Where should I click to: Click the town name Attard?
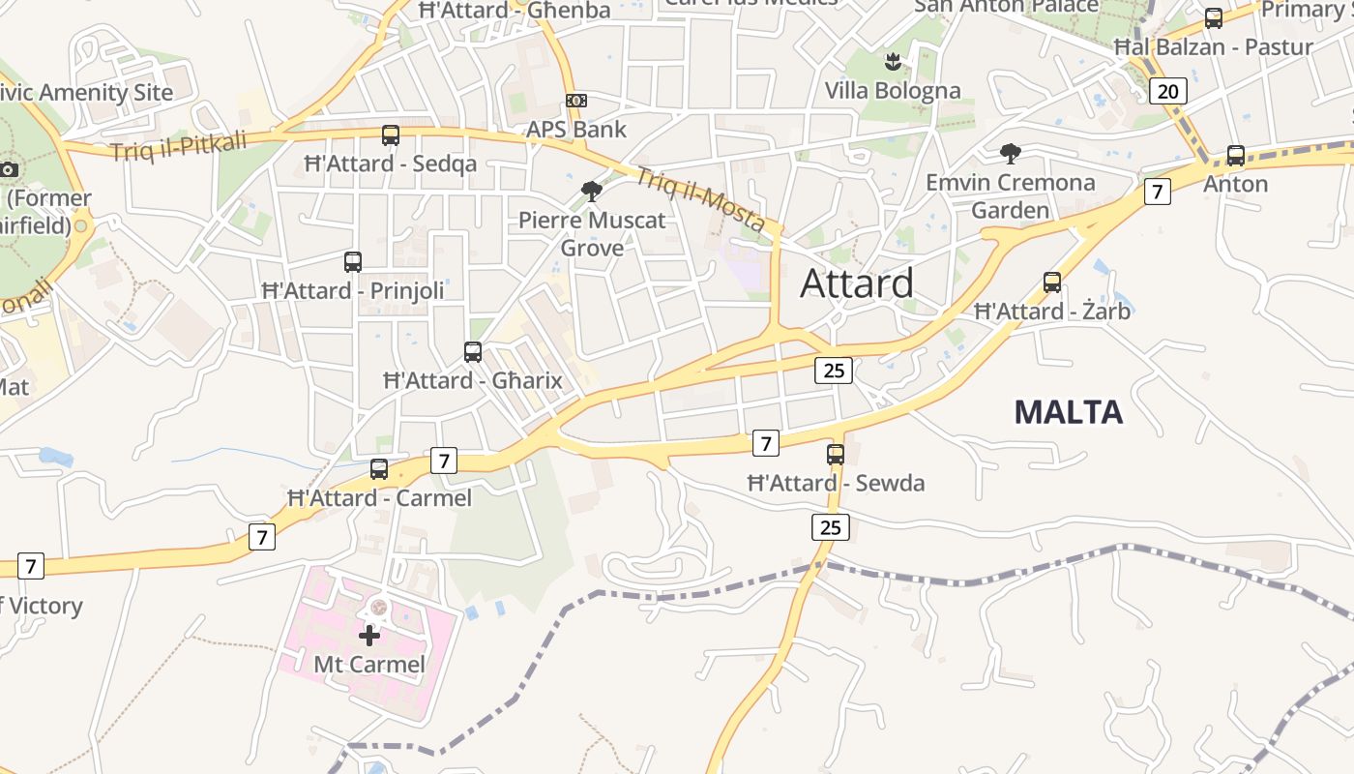coord(857,283)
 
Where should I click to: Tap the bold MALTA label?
coord(1068,412)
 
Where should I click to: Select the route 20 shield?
coord(1167,91)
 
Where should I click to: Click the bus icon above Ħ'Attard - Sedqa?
coord(391,135)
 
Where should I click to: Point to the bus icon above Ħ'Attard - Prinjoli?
coord(353,261)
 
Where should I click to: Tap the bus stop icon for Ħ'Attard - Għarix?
coord(473,352)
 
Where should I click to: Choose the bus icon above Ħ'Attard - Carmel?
coord(379,469)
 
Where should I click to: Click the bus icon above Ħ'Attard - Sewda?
coord(836,454)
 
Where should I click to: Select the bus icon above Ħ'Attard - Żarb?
coord(1052,283)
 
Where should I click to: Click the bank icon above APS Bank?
coord(576,101)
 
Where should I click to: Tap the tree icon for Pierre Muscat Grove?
coord(592,191)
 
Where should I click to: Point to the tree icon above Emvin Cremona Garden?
coord(1011,153)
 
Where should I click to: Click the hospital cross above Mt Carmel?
coord(369,636)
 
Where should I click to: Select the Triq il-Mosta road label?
coord(700,199)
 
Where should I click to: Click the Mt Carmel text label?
coord(369,665)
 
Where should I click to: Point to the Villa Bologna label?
coord(893,91)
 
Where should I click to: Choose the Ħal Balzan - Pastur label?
coord(1213,46)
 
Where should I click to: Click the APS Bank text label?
coord(576,130)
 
